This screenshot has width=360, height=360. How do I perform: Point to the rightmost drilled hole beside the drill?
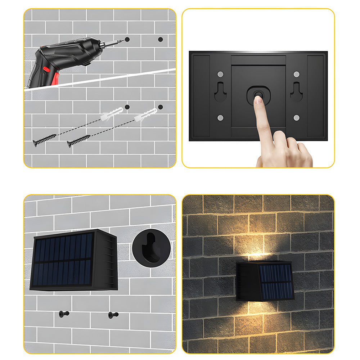pyautogui.click(x=160, y=39)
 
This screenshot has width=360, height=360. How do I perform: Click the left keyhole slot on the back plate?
pyautogui.click(x=221, y=92)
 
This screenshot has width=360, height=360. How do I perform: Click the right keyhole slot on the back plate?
pyautogui.click(x=296, y=92)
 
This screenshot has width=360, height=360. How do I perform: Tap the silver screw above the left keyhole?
pyautogui.click(x=221, y=74)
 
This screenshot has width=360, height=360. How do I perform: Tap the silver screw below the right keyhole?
pyautogui.click(x=296, y=118)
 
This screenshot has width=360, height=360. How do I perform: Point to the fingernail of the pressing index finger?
pyautogui.click(x=257, y=99)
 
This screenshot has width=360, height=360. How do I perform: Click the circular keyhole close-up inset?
pyautogui.click(x=151, y=248)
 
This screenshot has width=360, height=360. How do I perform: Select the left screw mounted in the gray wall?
pyautogui.click(x=64, y=314)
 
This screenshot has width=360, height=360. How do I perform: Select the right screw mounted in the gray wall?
pyautogui.click(x=113, y=315)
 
